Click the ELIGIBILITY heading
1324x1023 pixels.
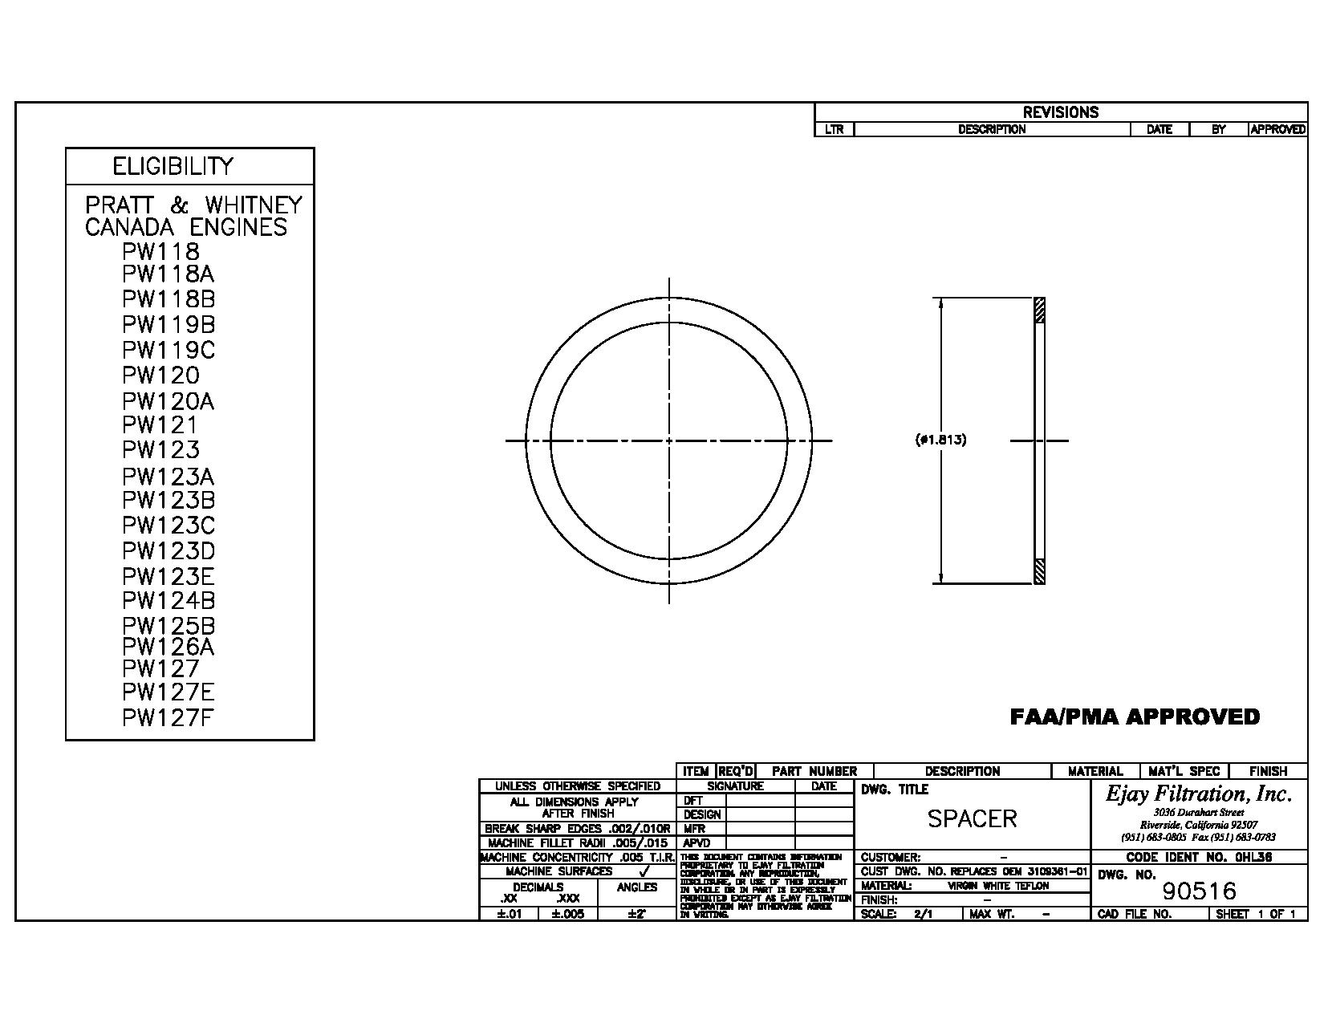click(173, 166)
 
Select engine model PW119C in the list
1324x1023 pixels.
click(169, 351)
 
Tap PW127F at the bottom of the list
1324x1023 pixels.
click(168, 718)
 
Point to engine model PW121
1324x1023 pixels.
click(160, 425)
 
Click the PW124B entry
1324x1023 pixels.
click(169, 601)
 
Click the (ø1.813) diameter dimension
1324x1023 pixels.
click(940, 440)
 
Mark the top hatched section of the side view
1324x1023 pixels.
click(1040, 310)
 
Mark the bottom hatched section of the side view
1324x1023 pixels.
click(1040, 571)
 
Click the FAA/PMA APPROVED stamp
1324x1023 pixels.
click(1135, 717)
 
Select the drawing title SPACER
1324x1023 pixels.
click(972, 818)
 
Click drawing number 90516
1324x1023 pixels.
click(1199, 891)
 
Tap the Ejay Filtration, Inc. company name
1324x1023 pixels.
click(1199, 794)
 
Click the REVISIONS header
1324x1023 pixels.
click(1060, 112)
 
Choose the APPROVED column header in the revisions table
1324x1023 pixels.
click(1277, 129)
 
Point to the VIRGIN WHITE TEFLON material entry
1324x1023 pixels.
click(997, 886)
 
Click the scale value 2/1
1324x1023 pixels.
click(923, 914)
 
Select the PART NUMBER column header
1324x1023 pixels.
click(814, 771)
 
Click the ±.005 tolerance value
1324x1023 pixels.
click(567, 914)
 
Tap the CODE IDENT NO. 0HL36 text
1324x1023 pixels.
click(1199, 857)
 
